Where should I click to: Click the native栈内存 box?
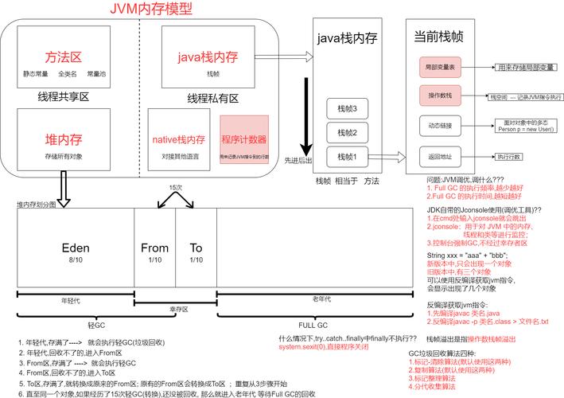180,144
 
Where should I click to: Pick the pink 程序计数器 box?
244,144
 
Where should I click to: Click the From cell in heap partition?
154,252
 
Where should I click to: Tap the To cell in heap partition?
196,252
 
